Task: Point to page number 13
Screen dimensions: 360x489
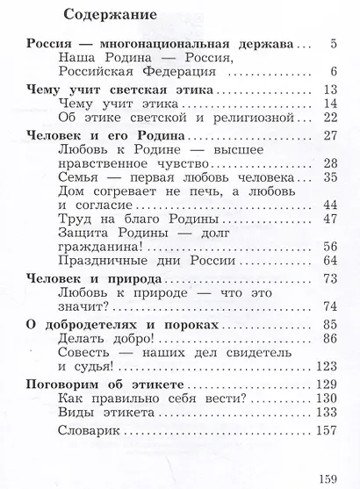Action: [x=328, y=91]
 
